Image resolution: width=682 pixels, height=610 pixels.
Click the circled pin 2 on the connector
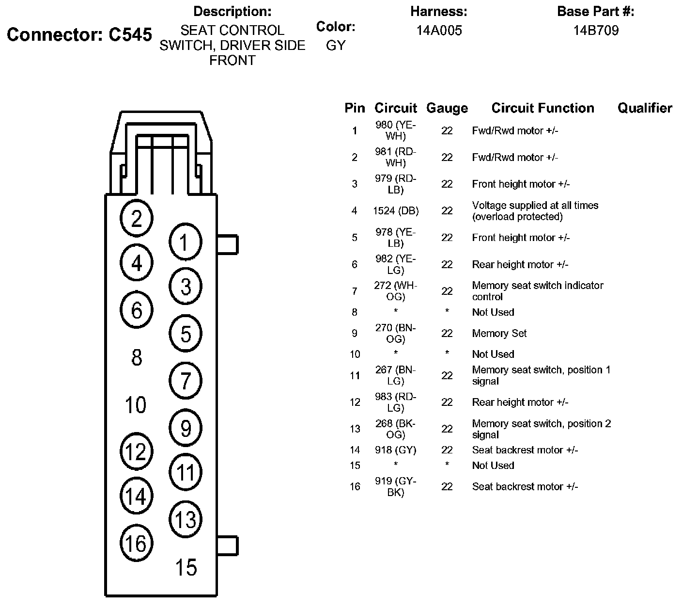[x=137, y=219]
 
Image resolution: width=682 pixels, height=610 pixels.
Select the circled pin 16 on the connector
[x=136, y=543]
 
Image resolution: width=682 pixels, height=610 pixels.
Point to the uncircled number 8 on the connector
[x=137, y=358]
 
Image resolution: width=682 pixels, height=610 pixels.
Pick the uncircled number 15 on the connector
[x=186, y=567]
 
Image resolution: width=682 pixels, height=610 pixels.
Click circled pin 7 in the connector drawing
[x=186, y=381]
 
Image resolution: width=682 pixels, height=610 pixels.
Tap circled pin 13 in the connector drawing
[x=186, y=520]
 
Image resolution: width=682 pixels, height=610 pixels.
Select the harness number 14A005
[x=439, y=31]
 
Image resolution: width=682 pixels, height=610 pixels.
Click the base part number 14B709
[x=596, y=31]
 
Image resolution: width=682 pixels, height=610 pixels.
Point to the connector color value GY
[x=336, y=45]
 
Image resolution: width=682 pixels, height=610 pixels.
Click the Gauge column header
[x=447, y=108]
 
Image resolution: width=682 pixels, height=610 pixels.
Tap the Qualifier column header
[x=644, y=108]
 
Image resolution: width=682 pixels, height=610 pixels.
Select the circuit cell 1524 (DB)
[x=396, y=211]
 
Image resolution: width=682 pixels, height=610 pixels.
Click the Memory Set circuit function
[x=499, y=334]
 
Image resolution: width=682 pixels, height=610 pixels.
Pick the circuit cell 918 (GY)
[x=396, y=450]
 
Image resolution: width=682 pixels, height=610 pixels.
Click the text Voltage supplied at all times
[x=535, y=206]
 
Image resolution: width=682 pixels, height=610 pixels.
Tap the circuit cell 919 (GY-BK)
[x=396, y=486]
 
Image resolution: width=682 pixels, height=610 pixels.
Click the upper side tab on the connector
[x=228, y=244]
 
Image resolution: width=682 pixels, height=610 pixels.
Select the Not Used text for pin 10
[x=493, y=354]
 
